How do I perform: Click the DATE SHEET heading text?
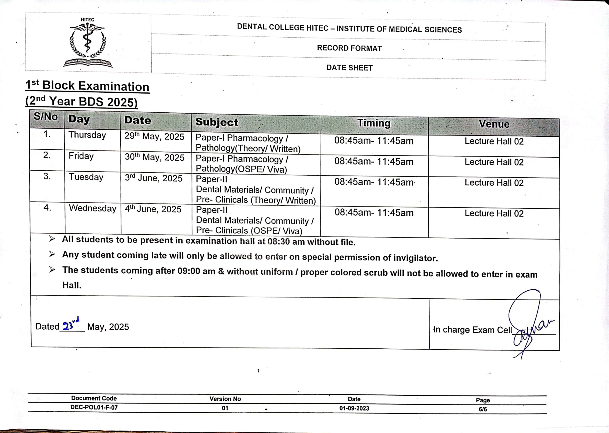[x=349, y=68]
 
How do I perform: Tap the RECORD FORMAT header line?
[x=349, y=48]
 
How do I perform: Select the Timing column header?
[x=374, y=123]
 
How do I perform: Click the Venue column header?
[x=494, y=124]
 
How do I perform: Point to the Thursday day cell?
[x=87, y=135]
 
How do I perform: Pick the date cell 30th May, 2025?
[x=155, y=157]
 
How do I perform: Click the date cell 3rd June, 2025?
[x=153, y=178]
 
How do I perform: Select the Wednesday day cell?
[x=93, y=208]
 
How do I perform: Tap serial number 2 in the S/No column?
[x=47, y=155]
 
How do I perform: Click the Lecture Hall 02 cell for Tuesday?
[x=494, y=183]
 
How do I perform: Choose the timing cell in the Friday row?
[x=374, y=162]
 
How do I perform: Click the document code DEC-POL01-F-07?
[x=94, y=407]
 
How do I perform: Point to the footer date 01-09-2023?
[x=354, y=409]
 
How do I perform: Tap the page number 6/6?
[x=482, y=409]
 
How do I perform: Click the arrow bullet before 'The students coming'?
[x=52, y=269]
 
